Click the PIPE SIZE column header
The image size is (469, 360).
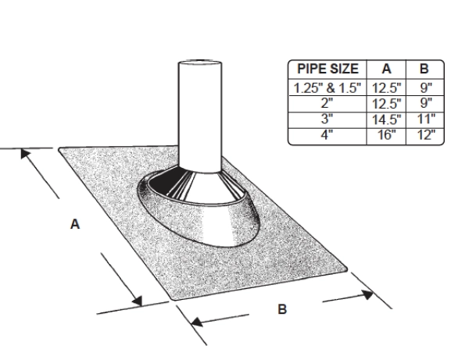click(328, 69)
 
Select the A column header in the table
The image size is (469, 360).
click(386, 69)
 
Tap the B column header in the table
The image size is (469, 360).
click(424, 69)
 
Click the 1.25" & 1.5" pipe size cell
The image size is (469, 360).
click(328, 87)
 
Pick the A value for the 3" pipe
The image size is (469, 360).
click(386, 119)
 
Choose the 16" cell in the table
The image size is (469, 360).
click(386, 135)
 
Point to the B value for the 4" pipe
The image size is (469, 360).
click(426, 135)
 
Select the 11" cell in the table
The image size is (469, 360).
click(426, 119)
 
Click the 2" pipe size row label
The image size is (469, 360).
click(327, 103)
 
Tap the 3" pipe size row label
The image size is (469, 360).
click(327, 119)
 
